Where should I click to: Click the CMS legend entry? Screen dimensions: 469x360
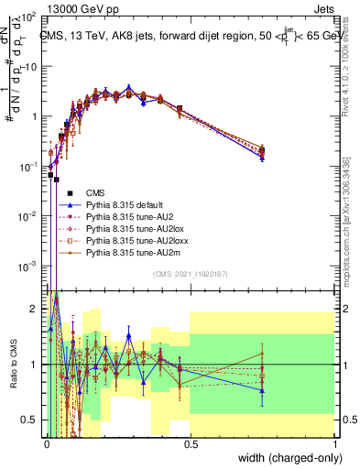coord(96,191)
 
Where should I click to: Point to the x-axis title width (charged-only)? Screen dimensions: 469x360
coord(291,458)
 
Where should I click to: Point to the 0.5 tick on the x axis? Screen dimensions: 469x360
coord(191,444)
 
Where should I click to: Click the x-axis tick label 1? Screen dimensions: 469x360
coord(335,444)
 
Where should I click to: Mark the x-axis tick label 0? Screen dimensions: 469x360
coord(47,444)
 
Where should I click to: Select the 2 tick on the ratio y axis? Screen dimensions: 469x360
coord(37,307)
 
